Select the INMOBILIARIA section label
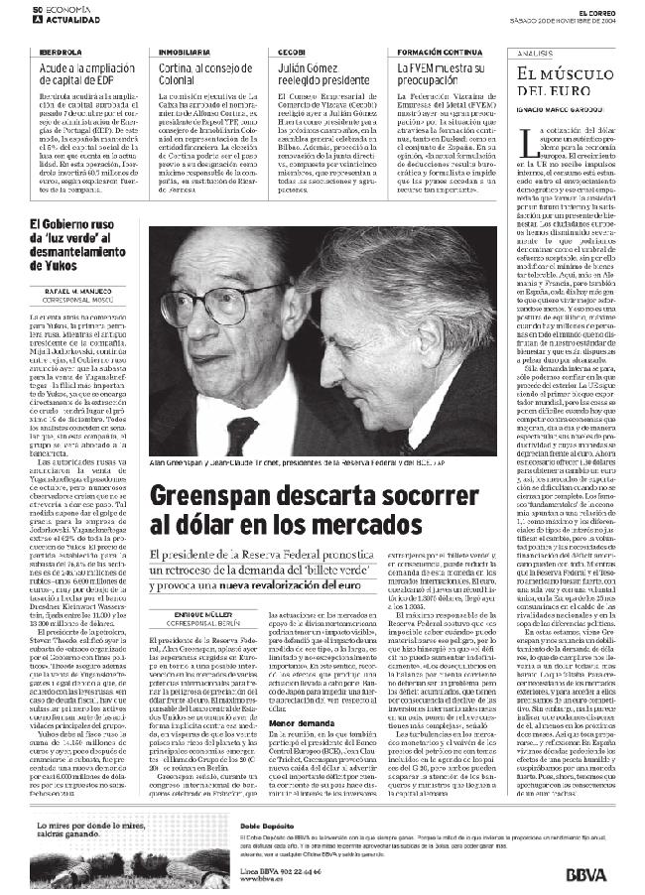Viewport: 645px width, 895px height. pyautogui.click(x=185, y=50)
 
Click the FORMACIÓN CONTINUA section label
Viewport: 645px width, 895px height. pyautogui.click(x=427, y=50)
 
